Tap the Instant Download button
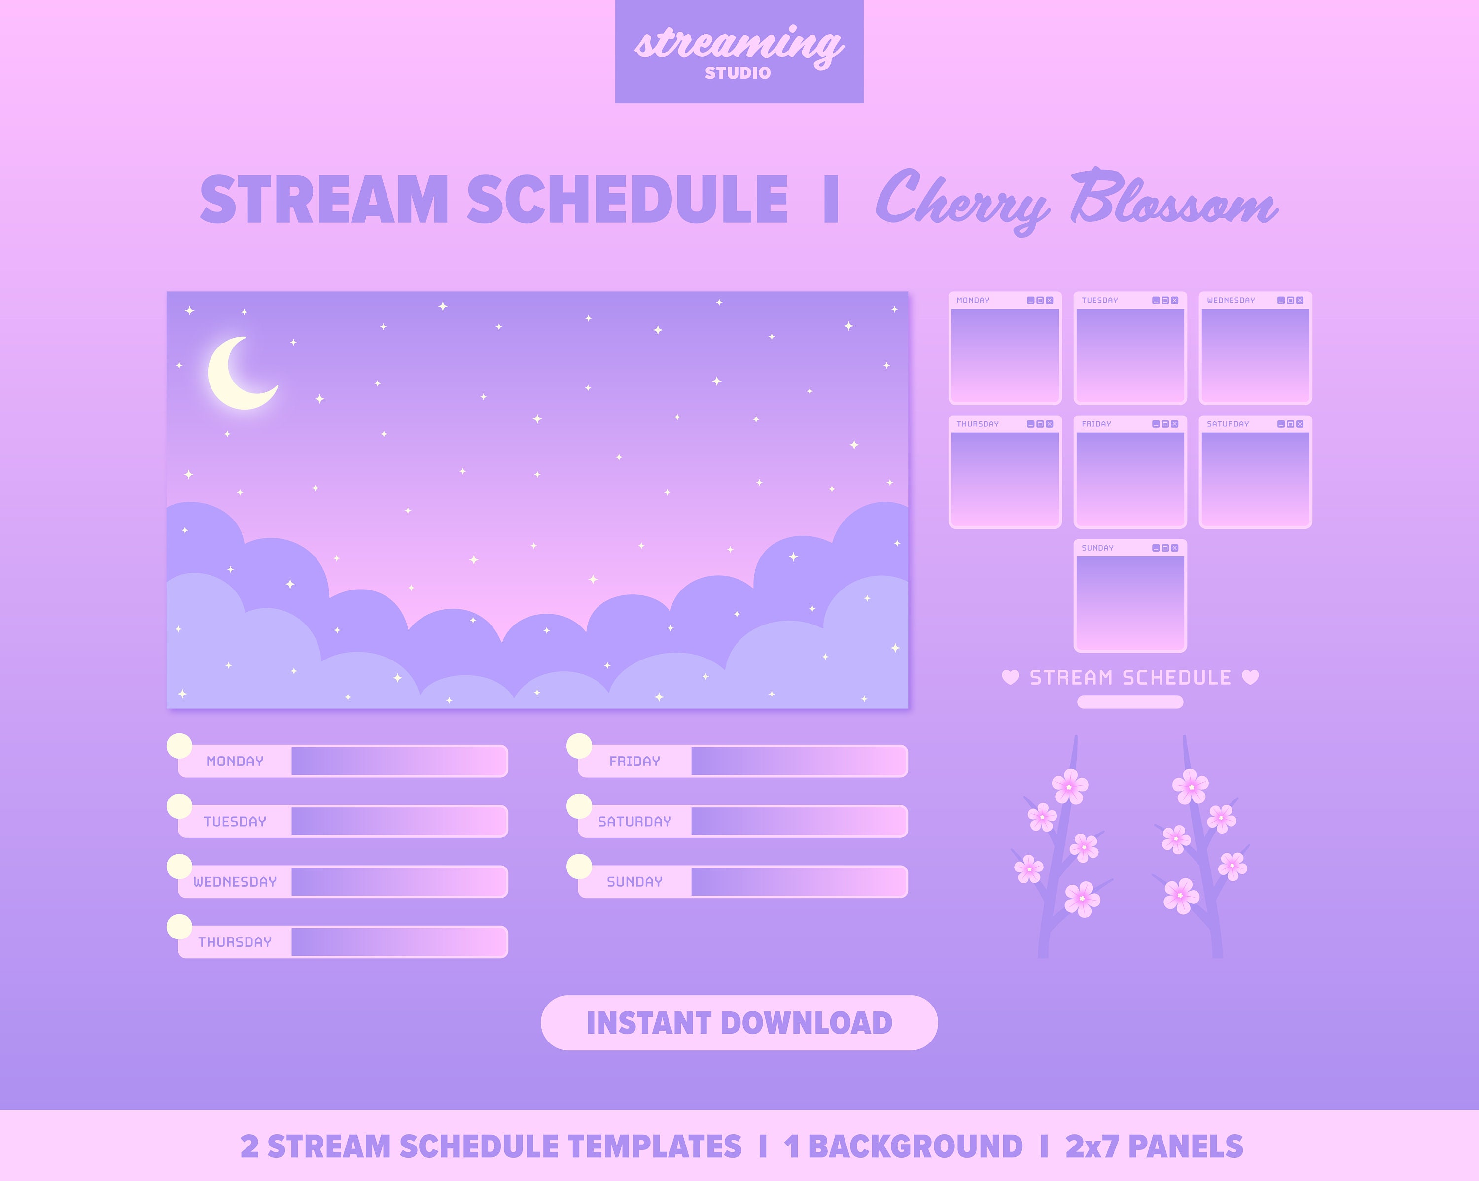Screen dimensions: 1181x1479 (739, 1023)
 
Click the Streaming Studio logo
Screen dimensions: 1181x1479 (739, 51)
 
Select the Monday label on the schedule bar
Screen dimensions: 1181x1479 (235, 761)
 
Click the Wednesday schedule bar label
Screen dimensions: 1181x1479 (235, 882)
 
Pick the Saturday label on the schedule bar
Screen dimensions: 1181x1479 (634, 822)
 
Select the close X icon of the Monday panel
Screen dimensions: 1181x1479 (1050, 300)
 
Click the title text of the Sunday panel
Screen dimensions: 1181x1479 (1097, 548)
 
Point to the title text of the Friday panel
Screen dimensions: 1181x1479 (1096, 424)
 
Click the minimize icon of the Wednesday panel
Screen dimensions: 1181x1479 (1281, 300)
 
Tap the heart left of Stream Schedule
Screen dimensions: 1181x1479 (1010, 678)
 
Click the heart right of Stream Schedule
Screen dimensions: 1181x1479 (1251, 678)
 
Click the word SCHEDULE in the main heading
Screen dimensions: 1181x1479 (627, 200)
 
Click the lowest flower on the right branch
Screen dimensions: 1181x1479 (1181, 896)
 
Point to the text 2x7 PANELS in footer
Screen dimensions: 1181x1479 (1154, 1146)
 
